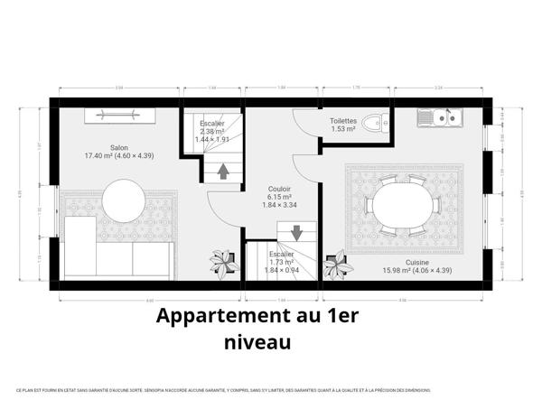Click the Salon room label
pos(118,147)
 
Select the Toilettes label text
pos(343,120)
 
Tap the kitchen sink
pos(441,116)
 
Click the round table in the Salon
pos(123,200)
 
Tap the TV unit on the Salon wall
pos(120,114)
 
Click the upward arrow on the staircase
pos(222,172)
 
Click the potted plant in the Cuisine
pos(339,265)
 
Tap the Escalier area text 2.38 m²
pos(213,131)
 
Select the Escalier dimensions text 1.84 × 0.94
pos(281,270)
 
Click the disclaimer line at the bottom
pos(223,390)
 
